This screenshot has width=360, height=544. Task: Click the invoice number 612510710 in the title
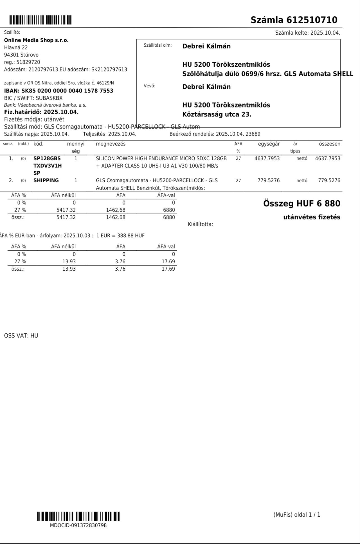click(x=312, y=20)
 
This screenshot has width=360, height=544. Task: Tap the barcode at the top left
click(x=40, y=20)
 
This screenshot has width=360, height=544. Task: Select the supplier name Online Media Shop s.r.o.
click(x=36, y=40)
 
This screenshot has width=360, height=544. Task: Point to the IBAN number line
click(x=58, y=91)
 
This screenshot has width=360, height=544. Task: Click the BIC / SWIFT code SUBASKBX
click(x=49, y=98)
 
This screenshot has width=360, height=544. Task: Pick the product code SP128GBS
click(x=47, y=158)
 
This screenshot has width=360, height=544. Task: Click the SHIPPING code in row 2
click(x=46, y=180)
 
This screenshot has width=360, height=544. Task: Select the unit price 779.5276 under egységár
click(x=269, y=180)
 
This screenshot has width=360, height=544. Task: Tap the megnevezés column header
click(x=111, y=144)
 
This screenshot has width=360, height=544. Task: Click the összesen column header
click(x=329, y=144)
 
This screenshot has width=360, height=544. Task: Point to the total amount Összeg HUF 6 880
click(x=301, y=203)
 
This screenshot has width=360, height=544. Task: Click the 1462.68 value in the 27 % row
click(x=116, y=210)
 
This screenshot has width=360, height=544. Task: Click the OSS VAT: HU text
click(x=21, y=336)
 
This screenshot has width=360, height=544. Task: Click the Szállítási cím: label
click(x=157, y=45)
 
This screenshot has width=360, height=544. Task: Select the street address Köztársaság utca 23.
click(x=217, y=114)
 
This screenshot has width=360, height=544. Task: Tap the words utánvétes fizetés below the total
click(x=312, y=217)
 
